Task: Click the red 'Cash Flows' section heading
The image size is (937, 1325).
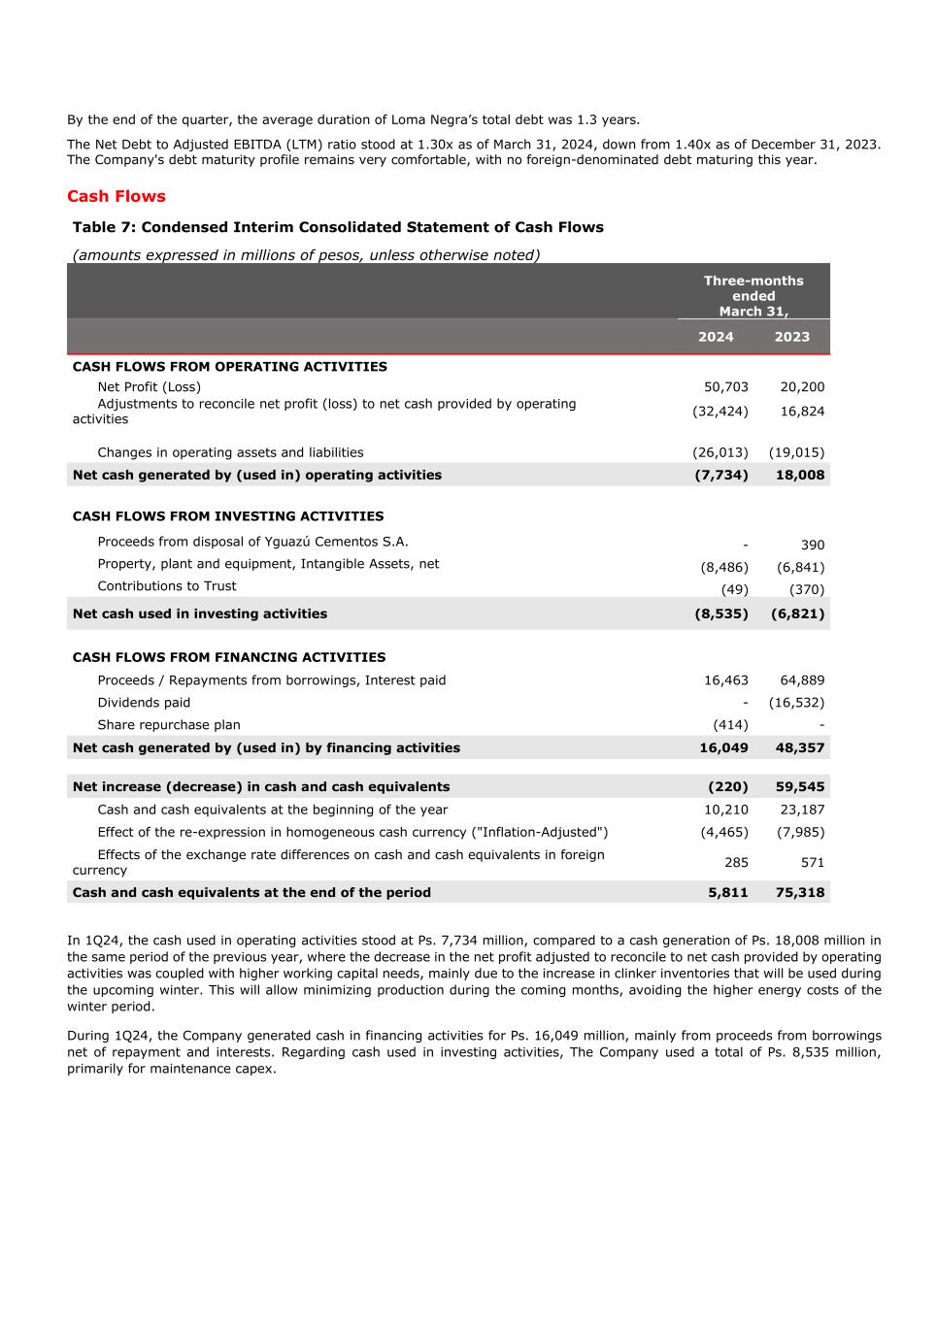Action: (x=116, y=196)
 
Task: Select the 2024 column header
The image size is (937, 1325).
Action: (x=716, y=337)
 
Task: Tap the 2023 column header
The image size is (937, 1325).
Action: (x=791, y=337)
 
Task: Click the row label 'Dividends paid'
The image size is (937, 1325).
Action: (x=144, y=703)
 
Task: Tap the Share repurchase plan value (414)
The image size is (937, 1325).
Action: (x=730, y=725)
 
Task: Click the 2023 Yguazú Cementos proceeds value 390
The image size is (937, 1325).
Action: (x=812, y=546)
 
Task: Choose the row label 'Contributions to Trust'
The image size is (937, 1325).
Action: (x=166, y=586)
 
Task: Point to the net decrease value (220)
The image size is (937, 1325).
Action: (x=728, y=787)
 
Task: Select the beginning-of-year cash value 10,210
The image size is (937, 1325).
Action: (x=725, y=810)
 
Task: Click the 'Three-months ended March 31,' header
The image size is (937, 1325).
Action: (x=753, y=296)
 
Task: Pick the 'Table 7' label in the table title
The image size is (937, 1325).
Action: (x=104, y=227)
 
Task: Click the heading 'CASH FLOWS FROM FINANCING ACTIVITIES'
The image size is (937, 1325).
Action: (x=228, y=657)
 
